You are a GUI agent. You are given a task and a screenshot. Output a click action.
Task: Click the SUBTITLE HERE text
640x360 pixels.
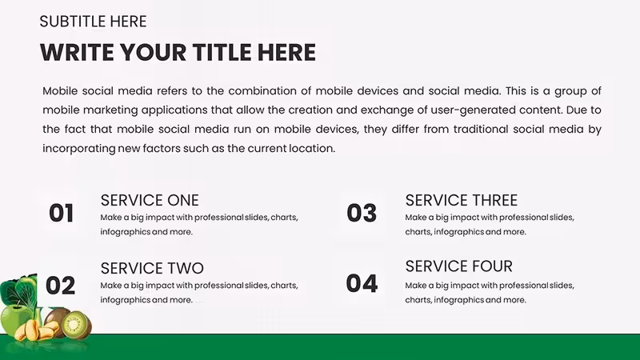point(93,22)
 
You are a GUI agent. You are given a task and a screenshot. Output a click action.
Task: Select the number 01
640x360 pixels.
point(62,213)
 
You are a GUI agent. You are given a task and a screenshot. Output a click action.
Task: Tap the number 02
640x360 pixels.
point(61,286)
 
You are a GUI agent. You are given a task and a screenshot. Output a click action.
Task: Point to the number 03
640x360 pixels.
point(362,213)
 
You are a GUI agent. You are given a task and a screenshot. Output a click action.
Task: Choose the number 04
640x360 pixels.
point(362,283)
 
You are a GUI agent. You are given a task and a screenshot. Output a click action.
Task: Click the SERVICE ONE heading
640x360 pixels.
point(150,201)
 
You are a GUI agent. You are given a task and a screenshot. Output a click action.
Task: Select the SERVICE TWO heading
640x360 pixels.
point(152,268)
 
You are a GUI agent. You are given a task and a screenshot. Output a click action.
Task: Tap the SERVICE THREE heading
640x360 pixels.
point(462,201)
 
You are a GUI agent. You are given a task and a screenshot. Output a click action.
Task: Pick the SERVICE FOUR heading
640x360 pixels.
point(458,266)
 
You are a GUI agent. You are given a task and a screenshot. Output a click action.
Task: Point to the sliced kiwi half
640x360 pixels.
point(76,325)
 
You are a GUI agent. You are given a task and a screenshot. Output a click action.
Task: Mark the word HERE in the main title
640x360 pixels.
point(286,52)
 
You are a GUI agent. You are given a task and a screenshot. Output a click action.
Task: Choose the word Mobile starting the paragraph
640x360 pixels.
point(60,90)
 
